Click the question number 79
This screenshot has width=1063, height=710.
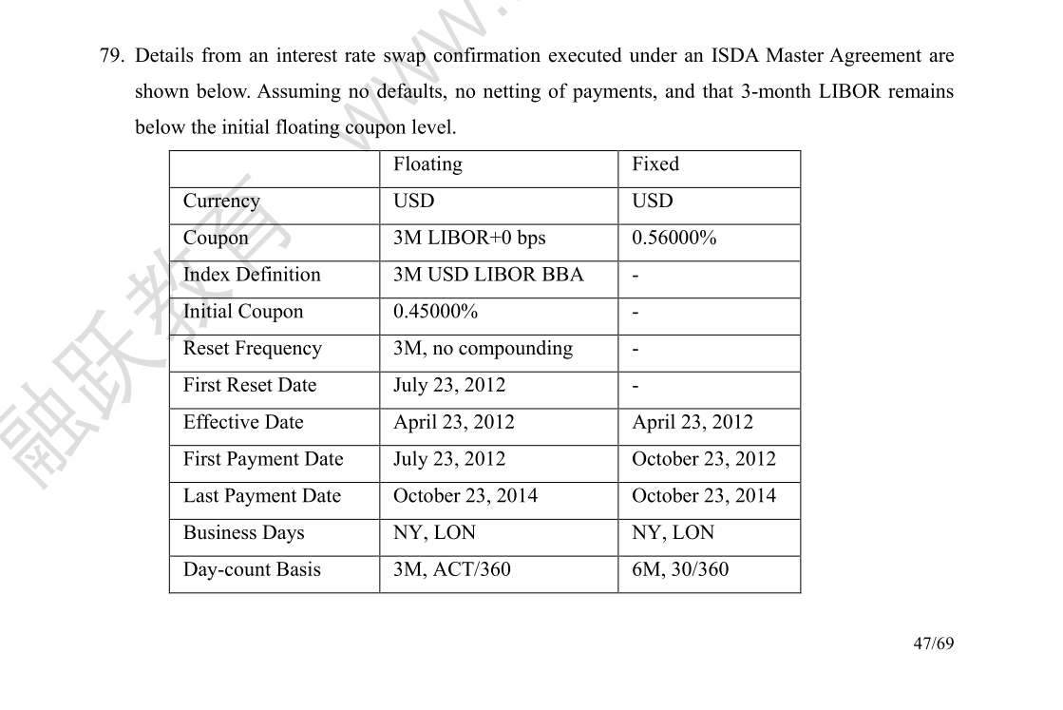click(x=111, y=56)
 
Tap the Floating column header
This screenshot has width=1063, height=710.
click(x=427, y=164)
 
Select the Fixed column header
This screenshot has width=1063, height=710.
click(x=655, y=164)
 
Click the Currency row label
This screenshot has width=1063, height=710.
click(x=220, y=201)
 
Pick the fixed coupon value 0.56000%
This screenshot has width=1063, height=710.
click(x=674, y=238)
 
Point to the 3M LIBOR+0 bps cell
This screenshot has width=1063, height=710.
click(x=469, y=238)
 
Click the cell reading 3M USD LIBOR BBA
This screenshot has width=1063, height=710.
click(x=488, y=275)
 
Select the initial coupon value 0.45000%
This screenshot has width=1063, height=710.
click(x=435, y=312)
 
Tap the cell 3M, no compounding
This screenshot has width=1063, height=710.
click(x=483, y=349)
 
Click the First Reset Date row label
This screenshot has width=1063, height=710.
click(x=249, y=386)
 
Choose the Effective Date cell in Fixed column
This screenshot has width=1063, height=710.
click(x=692, y=423)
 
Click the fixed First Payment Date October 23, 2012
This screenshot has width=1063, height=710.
click(x=703, y=459)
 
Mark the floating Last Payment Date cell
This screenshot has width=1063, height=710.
click(x=465, y=496)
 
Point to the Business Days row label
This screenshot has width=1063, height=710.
click(x=243, y=533)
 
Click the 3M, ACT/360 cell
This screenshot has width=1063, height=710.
click(x=451, y=570)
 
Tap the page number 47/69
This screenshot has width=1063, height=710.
click(x=933, y=643)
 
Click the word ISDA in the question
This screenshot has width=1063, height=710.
click(x=734, y=56)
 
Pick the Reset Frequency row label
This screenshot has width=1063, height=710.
click(x=252, y=349)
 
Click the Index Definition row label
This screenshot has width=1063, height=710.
click(x=252, y=275)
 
